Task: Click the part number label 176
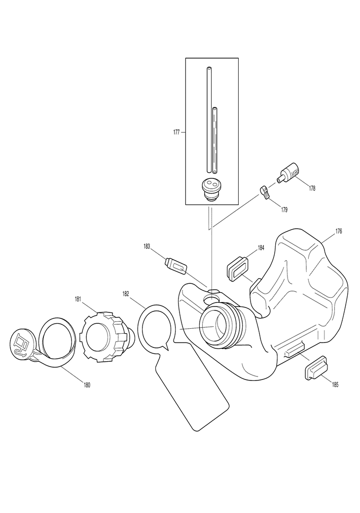(x=339, y=231)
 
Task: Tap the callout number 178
(x=312, y=188)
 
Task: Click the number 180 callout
(x=87, y=385)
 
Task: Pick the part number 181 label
(x=78, y=299)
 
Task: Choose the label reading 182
(x=126, y=294)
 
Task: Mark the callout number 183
(x=147, y=246)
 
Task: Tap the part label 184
(x=261, y=247)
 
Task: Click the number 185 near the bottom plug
(x=335, y=384)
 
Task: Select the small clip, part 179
(x=265, y=192)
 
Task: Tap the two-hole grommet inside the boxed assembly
(x=212, y=189)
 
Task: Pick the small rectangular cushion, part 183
(x=176, y=265)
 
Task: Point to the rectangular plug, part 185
(x=312, y=367)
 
